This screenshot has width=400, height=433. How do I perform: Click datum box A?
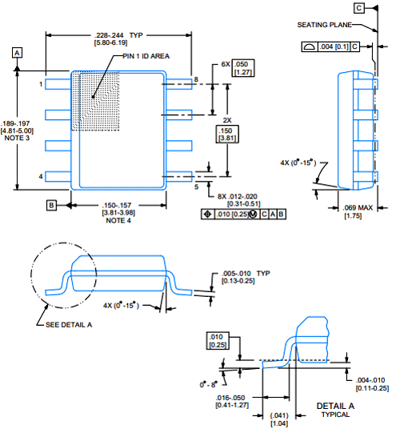(x=17, y=53)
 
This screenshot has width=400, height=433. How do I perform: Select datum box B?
(x=51, y=205)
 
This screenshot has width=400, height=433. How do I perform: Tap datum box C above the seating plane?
(x=359, y=8)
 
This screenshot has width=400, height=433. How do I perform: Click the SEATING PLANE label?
(x=324, y=25)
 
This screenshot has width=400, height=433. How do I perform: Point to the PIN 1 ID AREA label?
(x=146, y=56)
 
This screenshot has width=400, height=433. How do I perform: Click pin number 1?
(x=41, y=84)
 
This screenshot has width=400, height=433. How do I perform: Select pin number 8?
(x=196, y=79)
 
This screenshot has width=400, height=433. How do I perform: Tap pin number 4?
(x=41, y=176)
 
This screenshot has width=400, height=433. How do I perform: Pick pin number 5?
(x=196, y=187)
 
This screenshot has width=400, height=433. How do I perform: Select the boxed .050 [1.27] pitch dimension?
(x=243, y=68)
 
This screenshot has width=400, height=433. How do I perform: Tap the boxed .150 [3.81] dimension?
(x=227, y=134)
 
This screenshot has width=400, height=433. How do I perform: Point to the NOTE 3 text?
(x=17, y=138)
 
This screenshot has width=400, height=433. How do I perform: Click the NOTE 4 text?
(x=118, y=220)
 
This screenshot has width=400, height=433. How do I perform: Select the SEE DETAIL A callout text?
(x=69, y=325)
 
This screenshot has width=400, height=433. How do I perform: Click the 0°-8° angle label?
(x=209, y=384)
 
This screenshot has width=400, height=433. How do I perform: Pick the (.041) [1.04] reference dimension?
(x=279, y=419)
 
